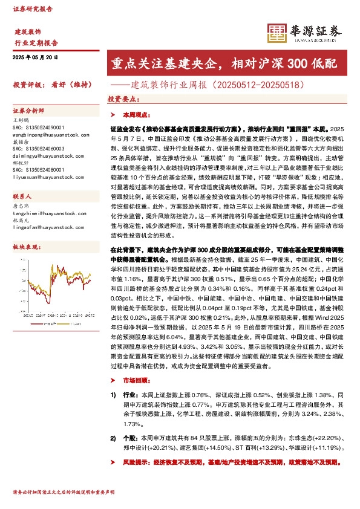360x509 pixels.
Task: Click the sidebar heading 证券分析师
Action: pos(28,111)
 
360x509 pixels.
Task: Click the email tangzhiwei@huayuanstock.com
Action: pos(41,212)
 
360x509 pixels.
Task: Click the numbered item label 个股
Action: pos(131,437)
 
